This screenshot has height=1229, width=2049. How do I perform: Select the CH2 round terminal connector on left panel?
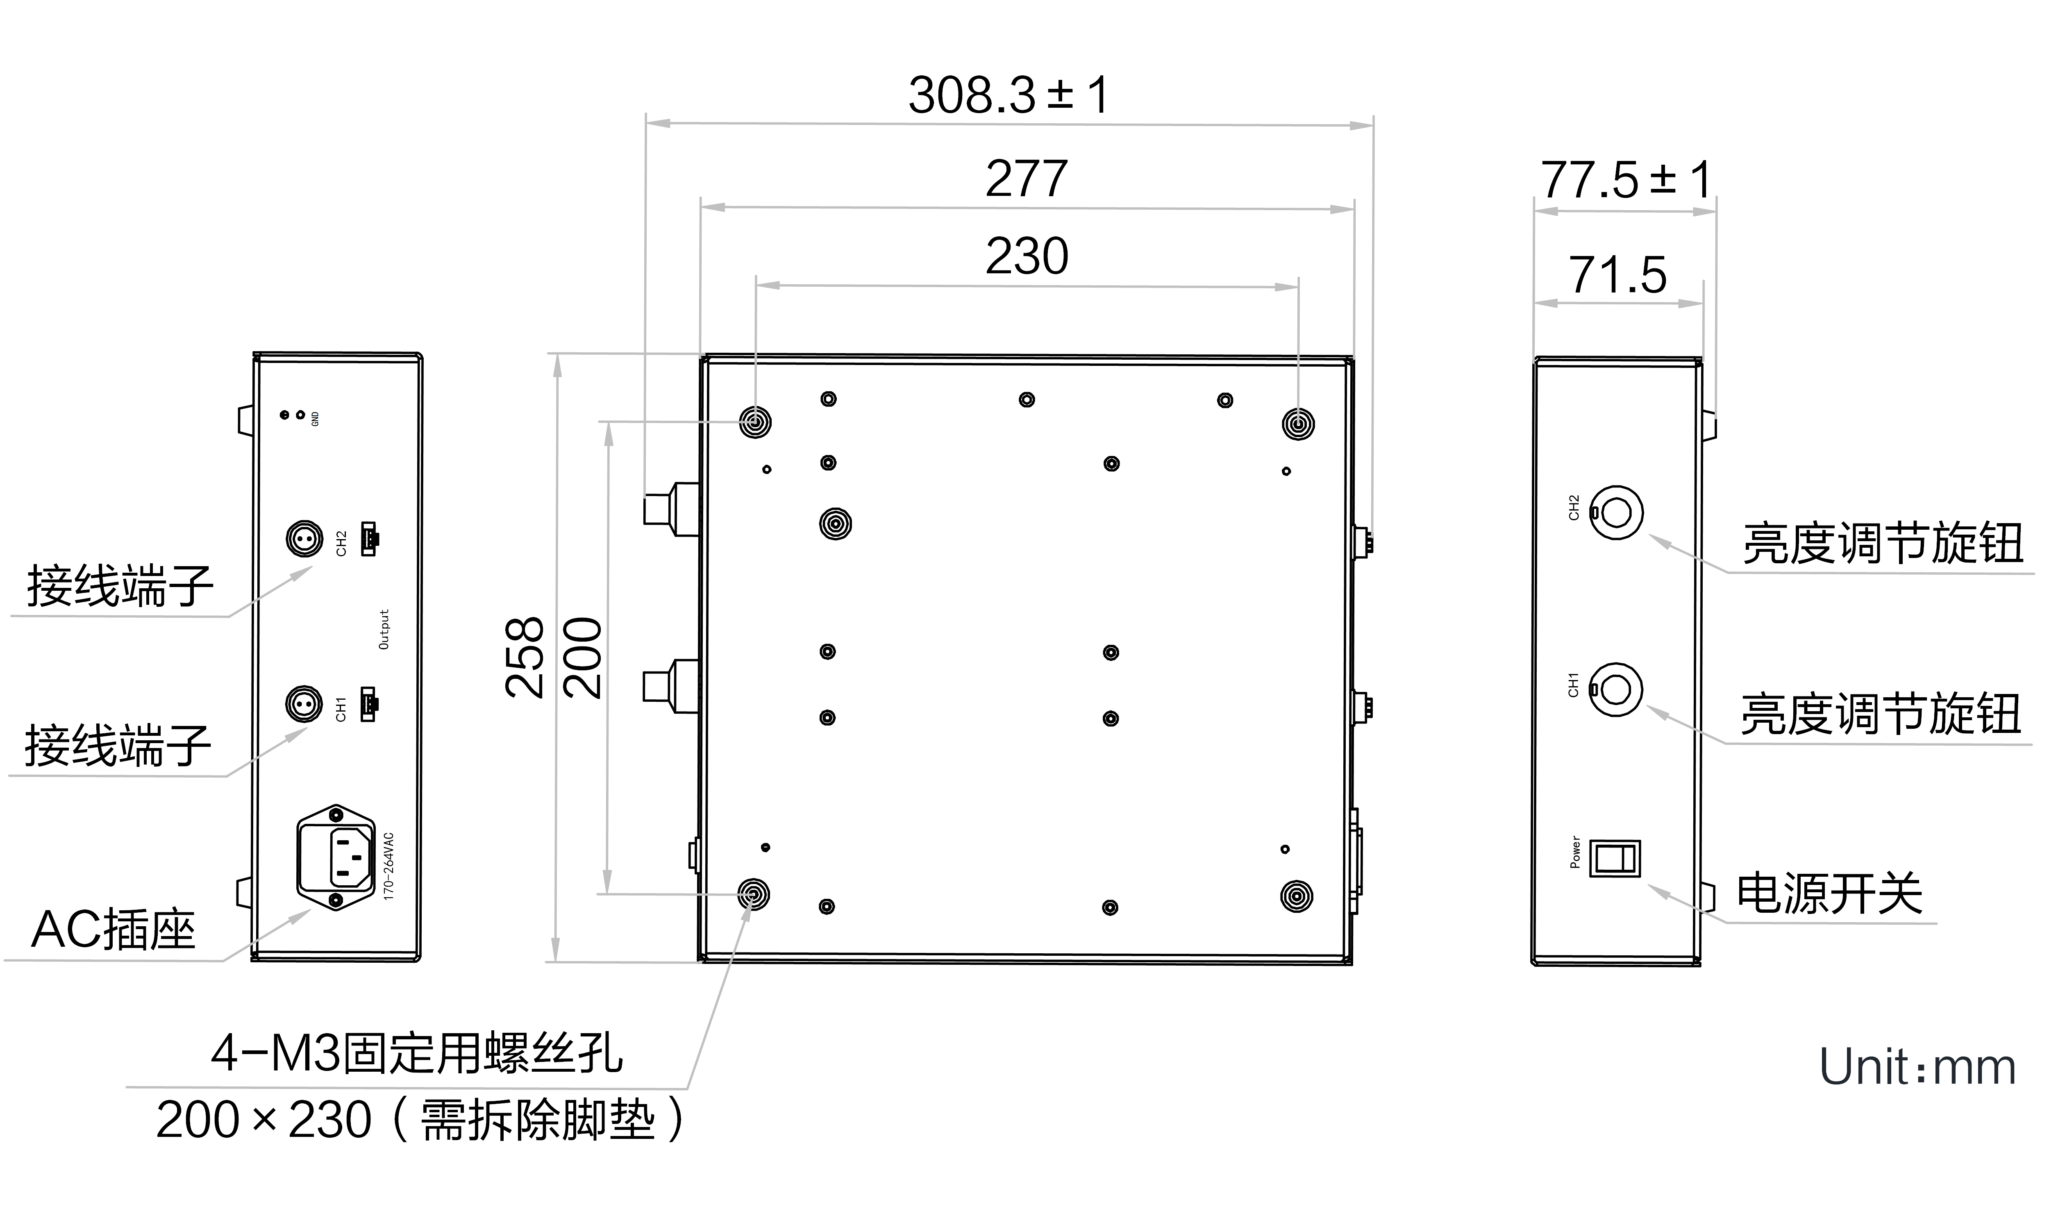[x=304, y=539]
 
